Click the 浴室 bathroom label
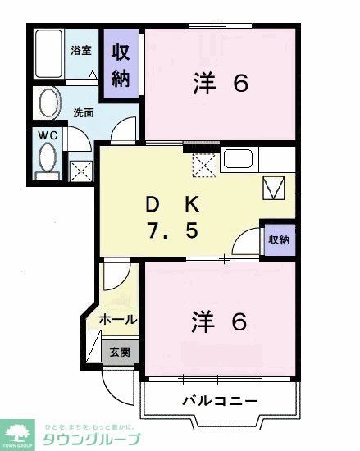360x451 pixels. tap(80, 49)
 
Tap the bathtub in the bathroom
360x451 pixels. tap(51, 55)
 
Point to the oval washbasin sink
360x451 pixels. tap(49, 105)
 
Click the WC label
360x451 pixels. tap(44, 134)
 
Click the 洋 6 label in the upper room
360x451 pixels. tap(220, 84)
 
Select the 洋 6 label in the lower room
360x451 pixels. tap(220, 321)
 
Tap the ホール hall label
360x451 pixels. tap(118, 319)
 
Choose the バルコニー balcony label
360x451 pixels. tap(219, 401)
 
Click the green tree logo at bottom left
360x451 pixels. tap(17, 431)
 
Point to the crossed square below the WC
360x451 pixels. tap(80, 171)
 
